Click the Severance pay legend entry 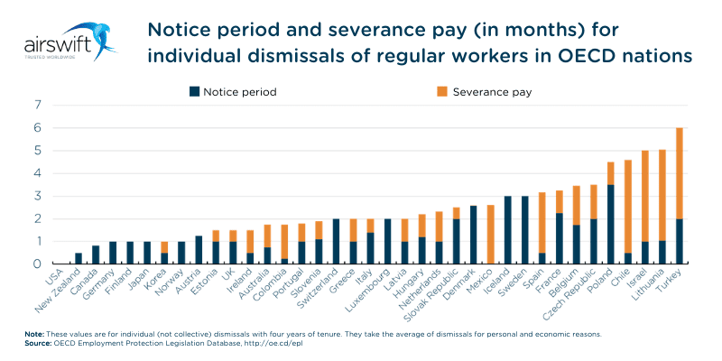pyautogui.click(x=484, y=91)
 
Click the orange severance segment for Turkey pyautogui.click(x=679, y=173)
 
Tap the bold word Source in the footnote pyautogui.click(x=40, y=343)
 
